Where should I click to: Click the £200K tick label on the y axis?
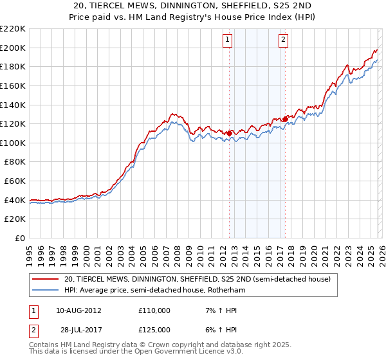tap(13, 48)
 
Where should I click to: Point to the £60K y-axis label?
tap(15, 181)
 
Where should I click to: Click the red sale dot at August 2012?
tap(229, 133)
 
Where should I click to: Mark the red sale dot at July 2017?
tap(285, 118)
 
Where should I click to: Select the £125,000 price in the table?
tap(154, 329)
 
